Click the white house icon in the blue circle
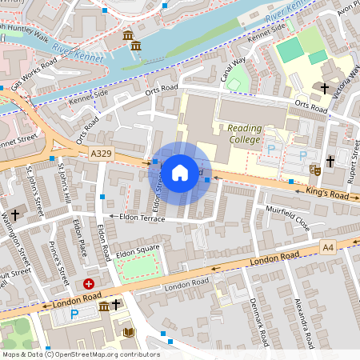(x=180, y=172)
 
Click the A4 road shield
(x=328, y=246)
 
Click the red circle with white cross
(x=89, y=283)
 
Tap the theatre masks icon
(x=315, y=170)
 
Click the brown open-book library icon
(x=126, y=332)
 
